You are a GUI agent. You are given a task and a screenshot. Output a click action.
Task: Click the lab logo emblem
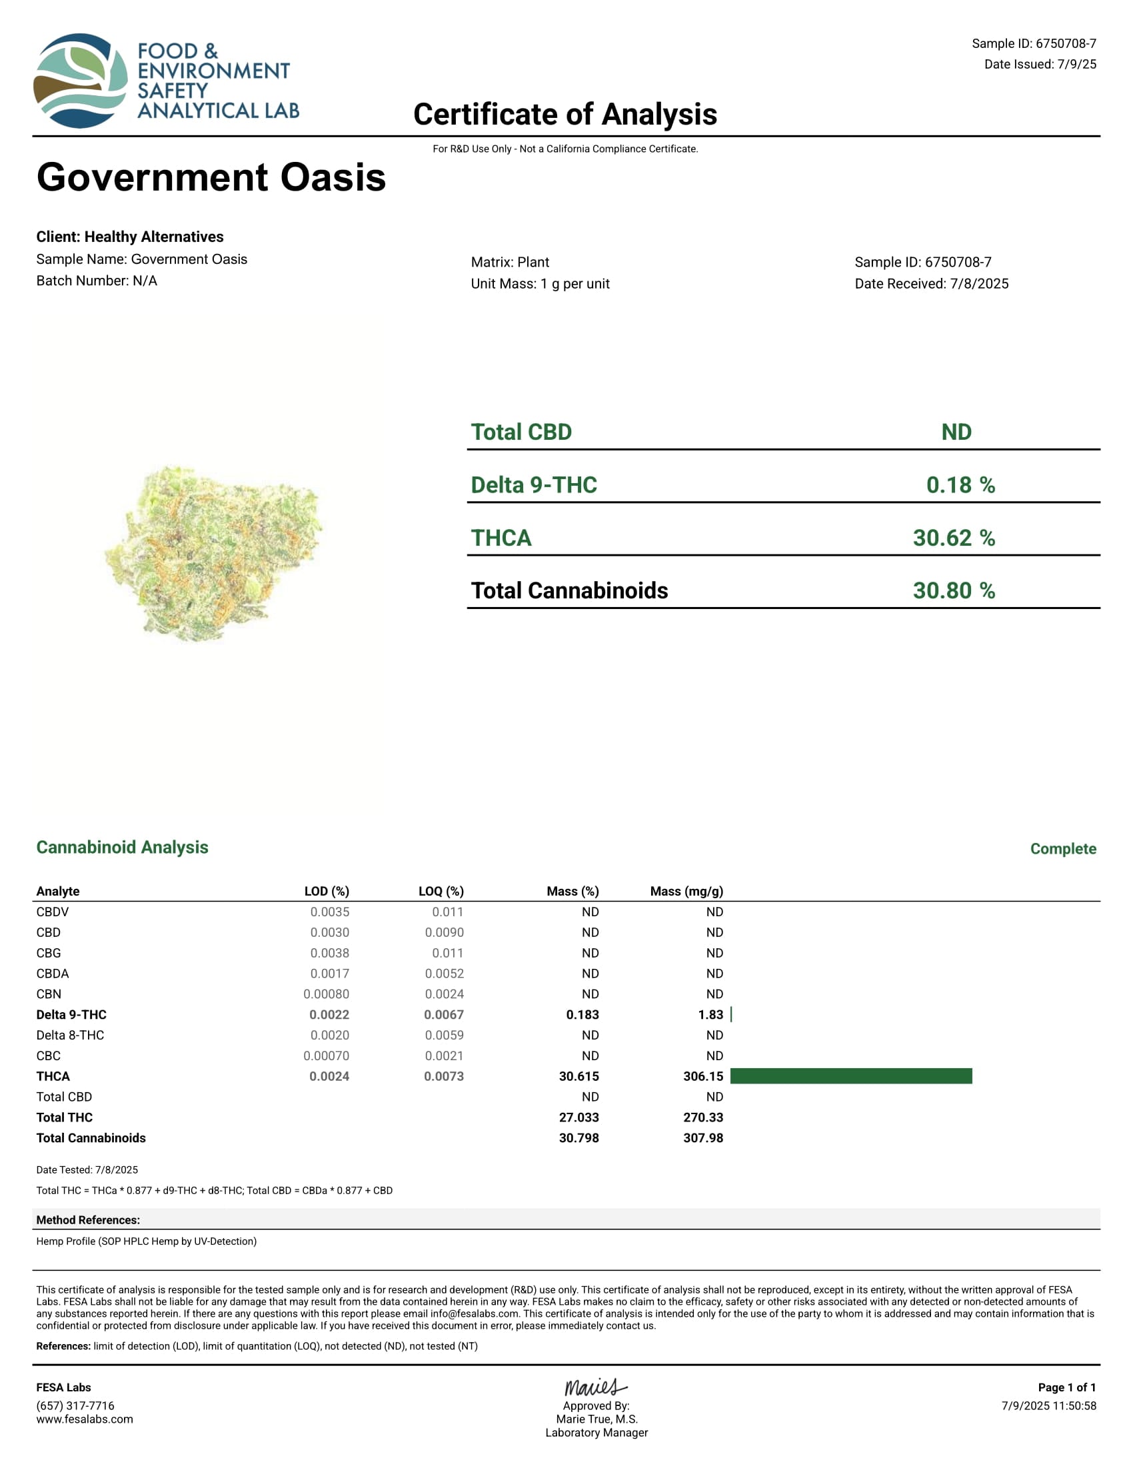(x=81, y=81)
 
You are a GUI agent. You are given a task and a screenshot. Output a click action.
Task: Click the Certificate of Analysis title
(x=565, y=114)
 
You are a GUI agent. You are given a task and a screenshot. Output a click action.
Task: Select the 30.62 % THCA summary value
(x=953, y=538)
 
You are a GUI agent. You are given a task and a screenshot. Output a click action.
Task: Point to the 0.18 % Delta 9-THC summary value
(x=960, y=484)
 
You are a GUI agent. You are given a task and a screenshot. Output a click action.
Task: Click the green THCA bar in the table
(x=850, y=1076)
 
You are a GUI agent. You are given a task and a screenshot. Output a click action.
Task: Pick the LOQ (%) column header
(x=441, y=892)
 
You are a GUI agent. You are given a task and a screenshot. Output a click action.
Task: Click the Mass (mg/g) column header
(x=686, y=892)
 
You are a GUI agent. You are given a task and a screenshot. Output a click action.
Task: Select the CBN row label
(x=49, y=994)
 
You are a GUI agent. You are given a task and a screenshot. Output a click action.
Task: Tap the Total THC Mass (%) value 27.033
(x=578, y=1117)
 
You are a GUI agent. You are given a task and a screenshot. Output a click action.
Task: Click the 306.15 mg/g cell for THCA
(x=702, y=1076)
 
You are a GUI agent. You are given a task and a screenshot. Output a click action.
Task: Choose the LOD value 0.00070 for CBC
(x=326, y=1056)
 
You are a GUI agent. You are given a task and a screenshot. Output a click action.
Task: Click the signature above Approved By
(x=595, y=1387)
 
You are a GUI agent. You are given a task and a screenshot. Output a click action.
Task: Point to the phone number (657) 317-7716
(x=75, y=1405)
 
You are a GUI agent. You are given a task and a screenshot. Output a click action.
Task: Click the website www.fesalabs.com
(x=85, y=1419)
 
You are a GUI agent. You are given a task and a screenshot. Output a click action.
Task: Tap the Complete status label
(x=1062, y=849)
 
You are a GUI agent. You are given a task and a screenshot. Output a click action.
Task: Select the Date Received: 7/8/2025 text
(x=931, y=284)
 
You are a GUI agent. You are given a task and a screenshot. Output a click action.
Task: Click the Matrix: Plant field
(x=509, y=263)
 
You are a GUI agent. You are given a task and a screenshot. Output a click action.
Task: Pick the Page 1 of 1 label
(x=1066, y=1387)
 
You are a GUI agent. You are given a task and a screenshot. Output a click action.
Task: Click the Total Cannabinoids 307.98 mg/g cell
(x=702, y=1137)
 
